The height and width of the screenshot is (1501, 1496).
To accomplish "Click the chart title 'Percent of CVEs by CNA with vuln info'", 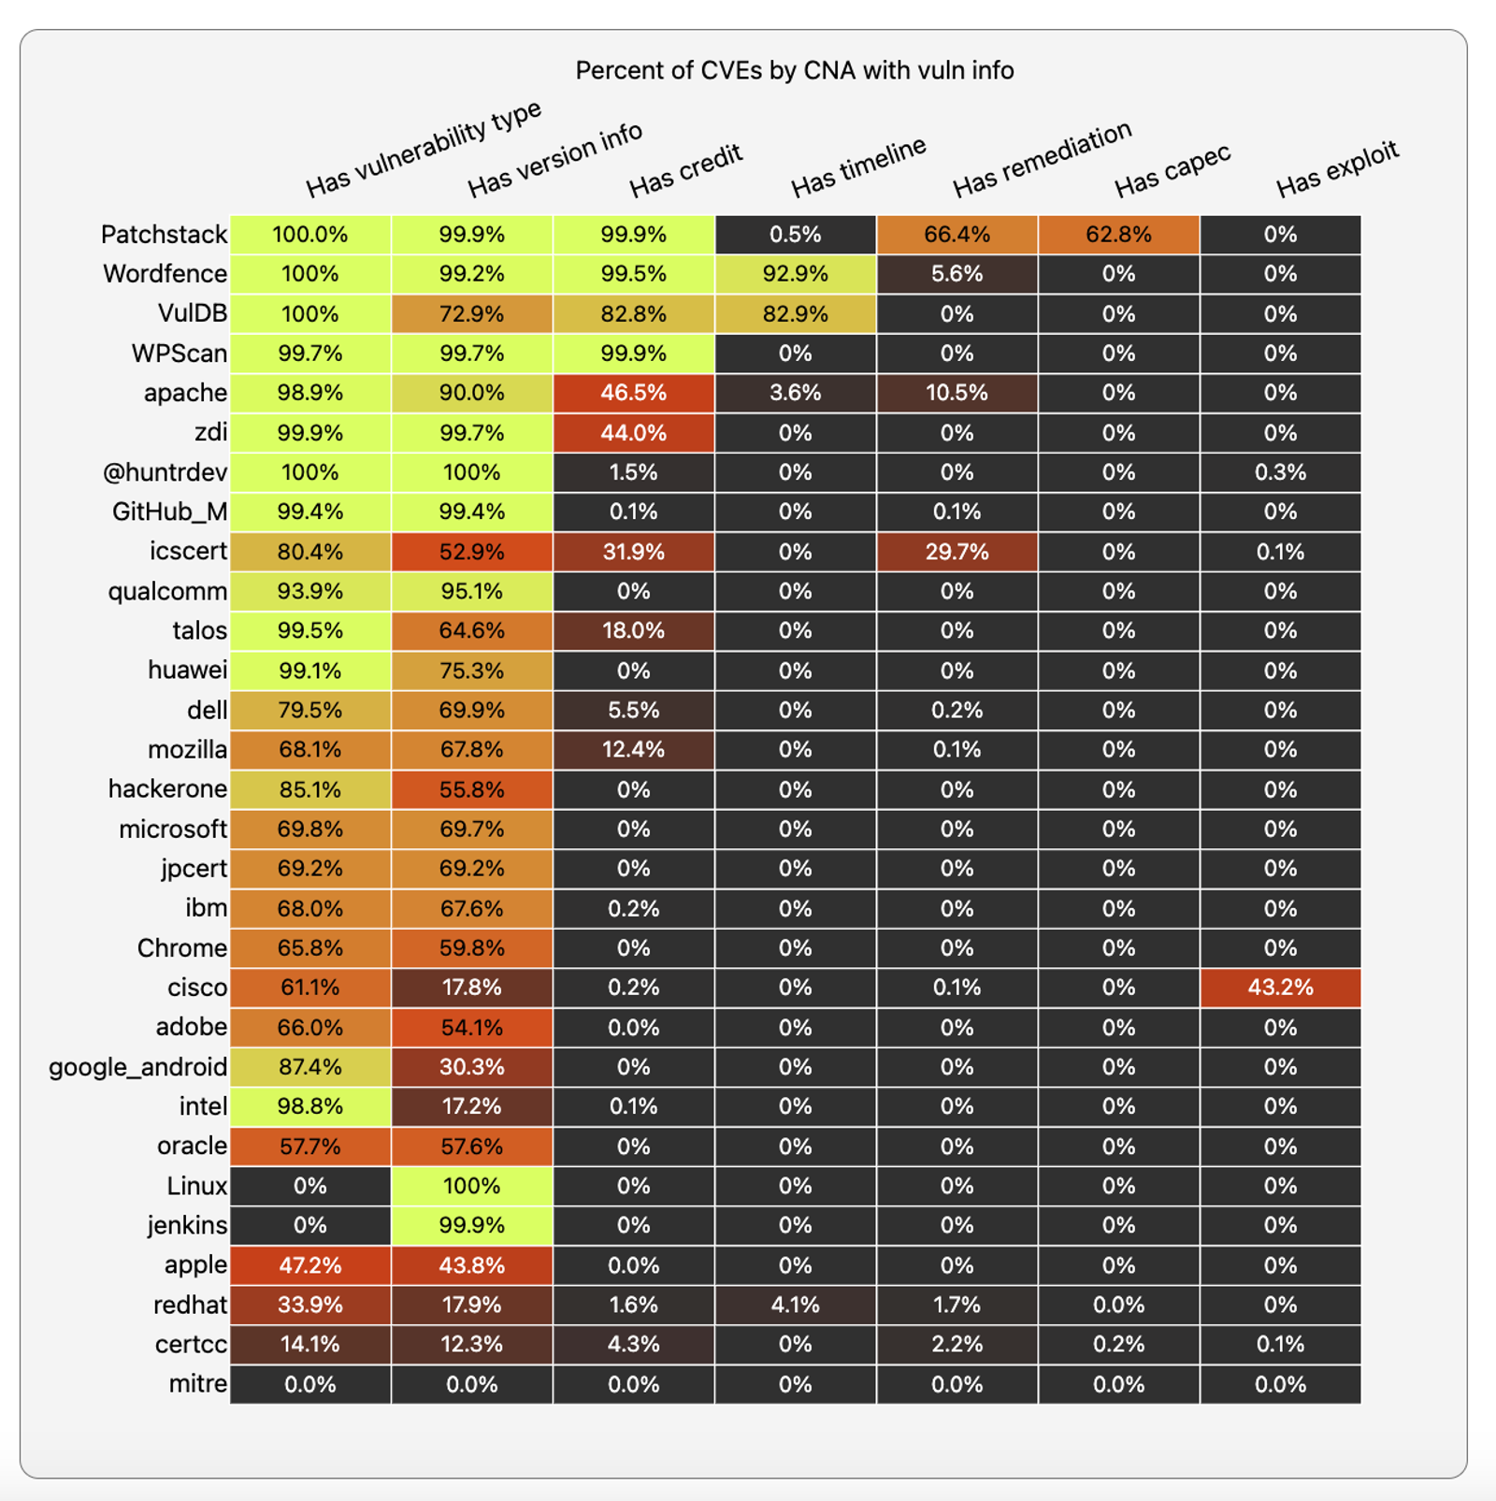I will click(x=794, y=71).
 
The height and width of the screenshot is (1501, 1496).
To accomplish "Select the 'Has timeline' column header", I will click(x=857, y=167).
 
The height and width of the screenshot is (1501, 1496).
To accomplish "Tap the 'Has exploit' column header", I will click(x=1336, y=169).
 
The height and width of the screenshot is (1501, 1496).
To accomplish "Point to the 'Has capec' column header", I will click(x=1172, y=172).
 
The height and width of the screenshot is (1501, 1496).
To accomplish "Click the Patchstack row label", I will click(x=164, y=235).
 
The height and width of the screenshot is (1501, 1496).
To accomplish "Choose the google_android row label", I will click(x=137, y=1067).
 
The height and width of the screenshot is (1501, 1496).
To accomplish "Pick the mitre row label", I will click(x=197, y=1384).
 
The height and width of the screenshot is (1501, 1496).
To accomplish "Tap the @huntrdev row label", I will click(x=165, y=472).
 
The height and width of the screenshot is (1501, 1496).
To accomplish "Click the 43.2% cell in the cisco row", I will click(x=1280, y=988).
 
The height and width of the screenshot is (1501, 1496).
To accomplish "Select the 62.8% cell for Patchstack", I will click(x=1118, y=235).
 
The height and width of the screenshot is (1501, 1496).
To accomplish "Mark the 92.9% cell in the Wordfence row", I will click(x=795, y=274).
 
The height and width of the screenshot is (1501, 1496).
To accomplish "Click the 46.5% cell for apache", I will click(x=633, y=393).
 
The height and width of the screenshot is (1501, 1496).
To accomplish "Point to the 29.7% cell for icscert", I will click(x=957, y=552).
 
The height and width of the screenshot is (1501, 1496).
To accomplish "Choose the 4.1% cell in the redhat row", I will click(x=795, y=1305).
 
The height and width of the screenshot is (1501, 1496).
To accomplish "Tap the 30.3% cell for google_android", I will click(x=471, y=1067).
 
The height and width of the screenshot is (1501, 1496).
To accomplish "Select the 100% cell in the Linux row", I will click(x=471, y=1186).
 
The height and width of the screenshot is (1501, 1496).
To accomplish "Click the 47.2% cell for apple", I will click(x=309, y=1265).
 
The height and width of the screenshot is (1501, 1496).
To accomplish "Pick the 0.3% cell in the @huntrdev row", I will click(x=1280, y=472).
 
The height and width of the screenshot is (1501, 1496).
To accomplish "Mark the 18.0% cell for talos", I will click(x=633, y=630).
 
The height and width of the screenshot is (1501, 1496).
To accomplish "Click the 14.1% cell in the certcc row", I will click(x=309, y=1344).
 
